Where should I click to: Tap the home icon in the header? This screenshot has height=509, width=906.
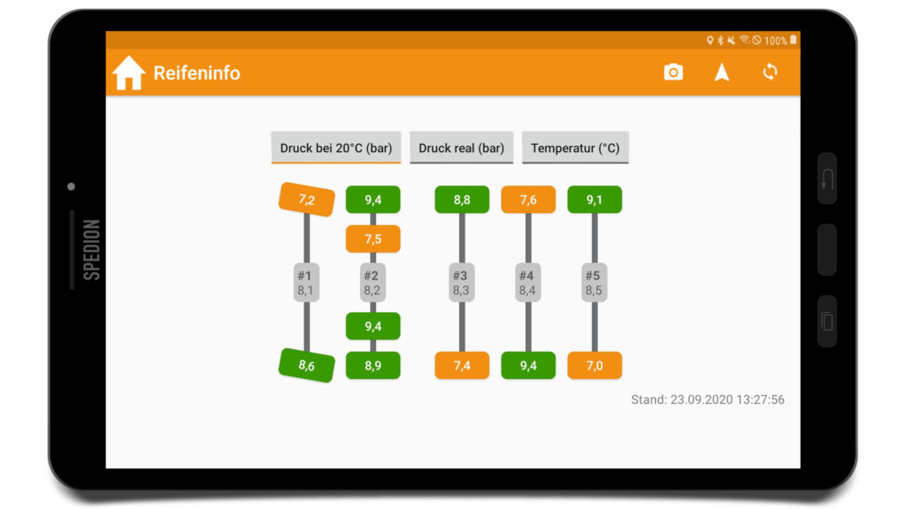pyautogui.click(x=128, y=72)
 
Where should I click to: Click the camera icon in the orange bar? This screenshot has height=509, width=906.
pyautogui.click(x=673, y=72)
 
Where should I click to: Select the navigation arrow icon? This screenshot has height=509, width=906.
pyautogui.click(x=722, y=72)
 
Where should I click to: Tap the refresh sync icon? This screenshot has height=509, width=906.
pyautogui.click(x=770, y=72)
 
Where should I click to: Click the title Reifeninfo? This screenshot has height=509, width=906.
pyautogui.click(x=196, y=72)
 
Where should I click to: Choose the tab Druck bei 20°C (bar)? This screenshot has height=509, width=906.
pyautogui.click(x=335, y=148)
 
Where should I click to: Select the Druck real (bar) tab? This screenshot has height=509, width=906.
pyautogui.click(x=461, y=148)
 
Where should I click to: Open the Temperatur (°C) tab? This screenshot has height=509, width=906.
pyautogui.click(x=575, y=148)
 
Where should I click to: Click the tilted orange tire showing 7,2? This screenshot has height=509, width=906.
pyautogui.click(x=307, y=200)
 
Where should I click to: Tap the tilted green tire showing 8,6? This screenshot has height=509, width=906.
pyautogui.click(x=307, y=365)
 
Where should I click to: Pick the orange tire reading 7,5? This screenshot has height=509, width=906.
pyautogui.click(x=372, y=239)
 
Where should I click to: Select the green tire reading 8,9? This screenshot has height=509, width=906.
pyautogui.click(x=372, y=365)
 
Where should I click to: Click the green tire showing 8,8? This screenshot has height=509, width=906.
pyautogui.click(x=462, y=200)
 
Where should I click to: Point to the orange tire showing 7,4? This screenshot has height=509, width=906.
pyautogui.click(x=462, y=365)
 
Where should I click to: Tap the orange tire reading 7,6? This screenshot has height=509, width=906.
pyautogui.click(x=528, y=200)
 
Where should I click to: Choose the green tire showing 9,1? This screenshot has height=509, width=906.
pyautogui.click(x=595, y=200)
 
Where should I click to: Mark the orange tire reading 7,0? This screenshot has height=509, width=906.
pyautogui.click(x=595, y=365)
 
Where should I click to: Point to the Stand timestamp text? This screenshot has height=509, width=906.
pyautogui.click(x=707, y=399)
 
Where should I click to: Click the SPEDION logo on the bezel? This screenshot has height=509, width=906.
pyautogui.click(x=92, y=249)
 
